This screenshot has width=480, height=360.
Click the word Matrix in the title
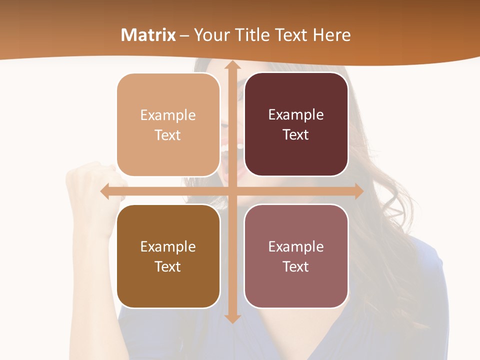pos(148,35)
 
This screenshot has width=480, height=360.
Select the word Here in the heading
pos(332,35)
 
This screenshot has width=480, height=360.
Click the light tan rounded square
pos(168,125)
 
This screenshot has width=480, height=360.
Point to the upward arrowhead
pos(232,66)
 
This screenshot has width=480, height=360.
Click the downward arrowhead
pos(232,318)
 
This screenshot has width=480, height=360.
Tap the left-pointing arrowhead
pos(105,191)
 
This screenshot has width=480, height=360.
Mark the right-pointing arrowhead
pos(358,191)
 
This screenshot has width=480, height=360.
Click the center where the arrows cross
pos(232,191)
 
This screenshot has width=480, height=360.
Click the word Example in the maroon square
pos(296,115)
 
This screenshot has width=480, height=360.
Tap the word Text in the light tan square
pos(167,135)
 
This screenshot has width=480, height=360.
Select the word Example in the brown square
pos(167,246)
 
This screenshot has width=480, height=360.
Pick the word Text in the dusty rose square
pos(295,266)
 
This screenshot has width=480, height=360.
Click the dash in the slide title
pos(184,35)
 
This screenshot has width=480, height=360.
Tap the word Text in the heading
pos(292,35)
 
